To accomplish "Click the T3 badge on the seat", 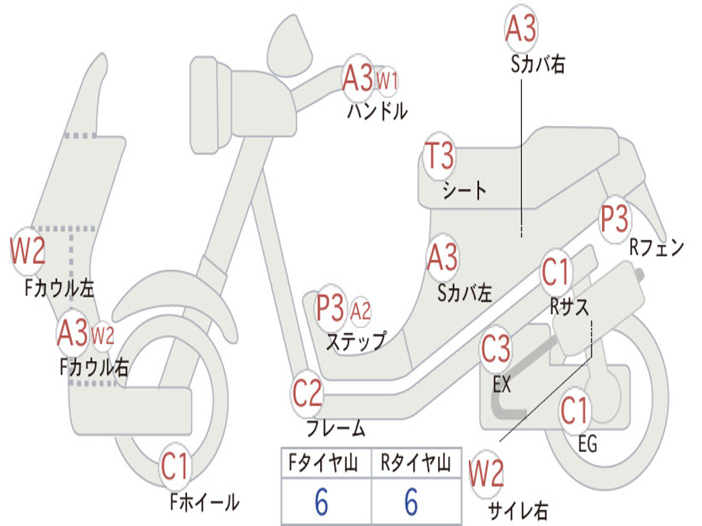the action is (439, 157).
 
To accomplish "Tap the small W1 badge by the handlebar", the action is (387, 81).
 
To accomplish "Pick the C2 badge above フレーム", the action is (307, 393).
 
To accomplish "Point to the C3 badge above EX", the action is (496, 349).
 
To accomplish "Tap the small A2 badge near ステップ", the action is (361, 312).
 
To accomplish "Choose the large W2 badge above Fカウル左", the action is (27, 251).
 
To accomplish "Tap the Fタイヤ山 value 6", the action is (322, 503).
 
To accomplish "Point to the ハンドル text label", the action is (377, 111).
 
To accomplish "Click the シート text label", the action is (464, 190).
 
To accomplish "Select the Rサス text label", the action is (569, 308).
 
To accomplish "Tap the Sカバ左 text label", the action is (465, 294).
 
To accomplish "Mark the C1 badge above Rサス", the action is (556, 273).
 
